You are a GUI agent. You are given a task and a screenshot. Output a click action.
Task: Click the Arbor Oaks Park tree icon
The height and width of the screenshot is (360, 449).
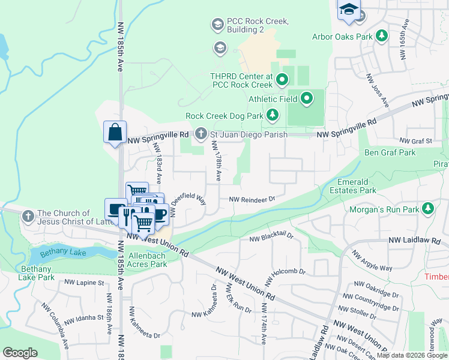click(381, 37)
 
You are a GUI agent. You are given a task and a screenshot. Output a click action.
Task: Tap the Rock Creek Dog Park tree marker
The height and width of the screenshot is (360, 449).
click(273, 115)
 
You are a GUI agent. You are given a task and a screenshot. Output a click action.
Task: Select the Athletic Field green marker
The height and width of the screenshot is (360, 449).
click(307, 97)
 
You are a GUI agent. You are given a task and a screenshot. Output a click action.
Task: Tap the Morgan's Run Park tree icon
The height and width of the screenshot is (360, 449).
click(427, 209)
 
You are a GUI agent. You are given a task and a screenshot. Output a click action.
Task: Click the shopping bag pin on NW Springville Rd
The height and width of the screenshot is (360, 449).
click(115, 132)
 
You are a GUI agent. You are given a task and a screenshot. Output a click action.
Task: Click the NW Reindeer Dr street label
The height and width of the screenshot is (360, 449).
click(251, 199)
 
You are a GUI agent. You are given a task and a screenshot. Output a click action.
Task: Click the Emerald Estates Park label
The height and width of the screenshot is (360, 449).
click(353, 186)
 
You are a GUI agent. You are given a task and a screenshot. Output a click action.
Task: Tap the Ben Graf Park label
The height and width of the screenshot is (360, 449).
click(390, 152)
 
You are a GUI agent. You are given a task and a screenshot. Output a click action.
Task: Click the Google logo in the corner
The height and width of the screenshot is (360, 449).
click(20, 353)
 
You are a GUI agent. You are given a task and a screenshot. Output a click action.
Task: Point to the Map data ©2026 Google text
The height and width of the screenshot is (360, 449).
click(412, 355)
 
